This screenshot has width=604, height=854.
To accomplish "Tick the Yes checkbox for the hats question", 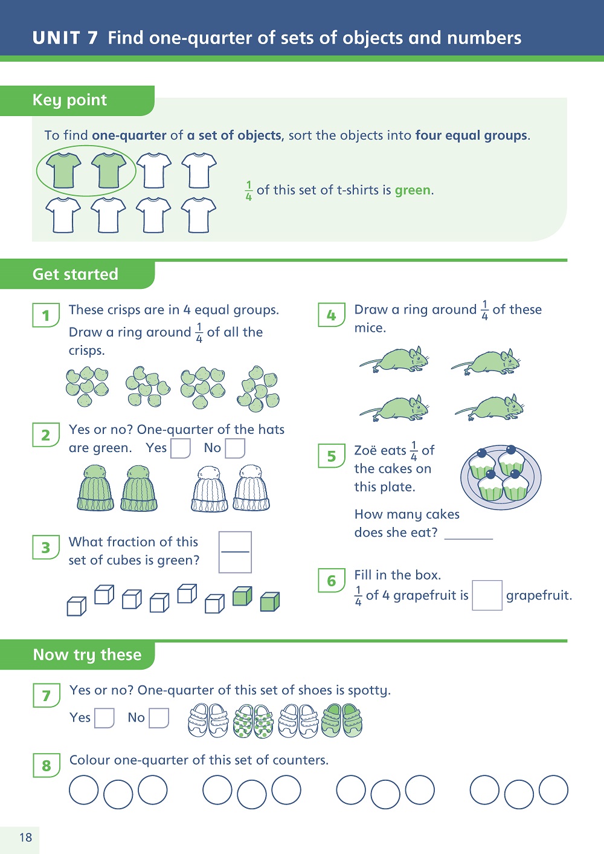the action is click(x=180, y=448).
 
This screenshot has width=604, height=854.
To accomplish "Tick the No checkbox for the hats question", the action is click(x=235, y=448).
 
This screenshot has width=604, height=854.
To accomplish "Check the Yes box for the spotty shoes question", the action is click(x=104, y=718).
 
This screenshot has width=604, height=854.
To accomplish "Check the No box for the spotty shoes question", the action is click(x=159, y=718).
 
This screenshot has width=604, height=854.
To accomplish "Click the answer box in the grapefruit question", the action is click(x=487, y=595).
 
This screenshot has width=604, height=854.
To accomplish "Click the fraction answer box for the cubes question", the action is click(x=235, y=552).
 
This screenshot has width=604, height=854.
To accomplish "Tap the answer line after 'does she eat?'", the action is click(x=469, y=539).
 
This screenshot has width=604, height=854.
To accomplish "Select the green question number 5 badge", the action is click(x=332, y=456).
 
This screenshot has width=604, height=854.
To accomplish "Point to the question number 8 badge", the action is click(x=47, y=765).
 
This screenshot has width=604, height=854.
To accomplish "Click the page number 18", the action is click(x=26, y=837).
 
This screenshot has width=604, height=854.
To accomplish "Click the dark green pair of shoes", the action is click(x=342, y=720).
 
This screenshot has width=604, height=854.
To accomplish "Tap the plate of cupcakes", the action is click(x=501, y=477).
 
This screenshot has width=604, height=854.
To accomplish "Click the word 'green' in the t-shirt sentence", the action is click(x=413, y=190).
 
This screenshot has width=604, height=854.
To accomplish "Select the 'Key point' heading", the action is click(x=69, y=100).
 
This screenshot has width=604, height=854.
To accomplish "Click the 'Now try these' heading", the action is click(x=87, y=655).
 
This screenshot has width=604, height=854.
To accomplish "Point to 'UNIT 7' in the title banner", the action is click(x=65, y=37).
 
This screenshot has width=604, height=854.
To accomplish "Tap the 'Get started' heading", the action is click(x=75, y=274).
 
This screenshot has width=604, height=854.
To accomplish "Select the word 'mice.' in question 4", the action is click(x=370, y=328).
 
